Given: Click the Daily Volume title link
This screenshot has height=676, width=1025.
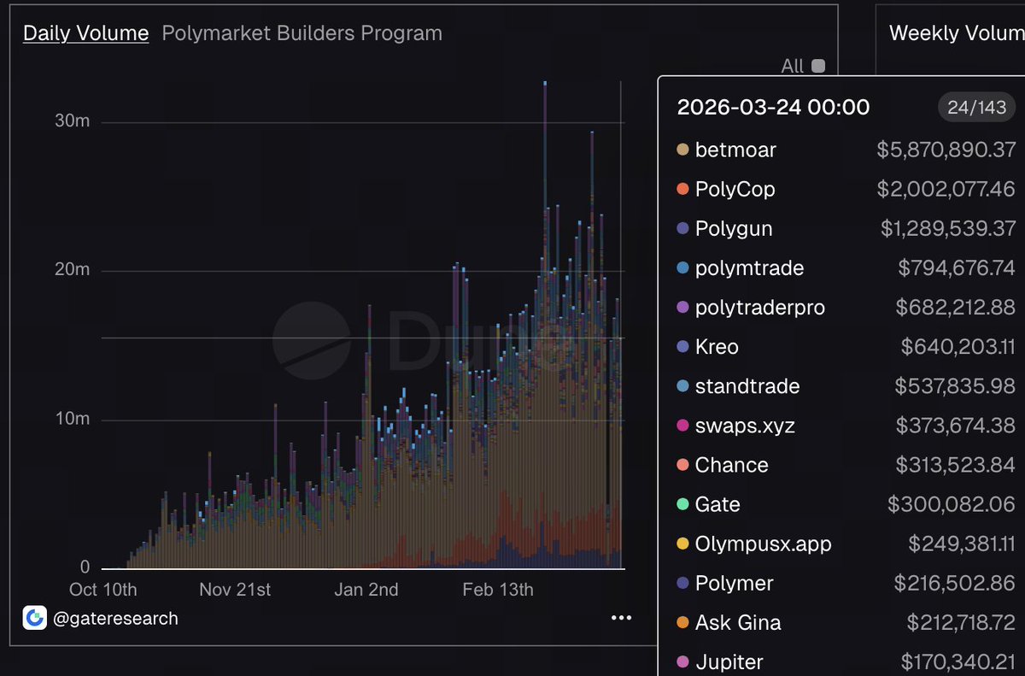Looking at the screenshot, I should point(85,33).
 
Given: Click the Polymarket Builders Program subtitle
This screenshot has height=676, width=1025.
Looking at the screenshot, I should point(302,33).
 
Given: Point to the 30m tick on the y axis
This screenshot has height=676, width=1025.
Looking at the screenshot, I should point(72,122).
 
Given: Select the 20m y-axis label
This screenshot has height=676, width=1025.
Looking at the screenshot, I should point(72,270).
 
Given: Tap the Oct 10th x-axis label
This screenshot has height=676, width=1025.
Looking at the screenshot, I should point(102,590).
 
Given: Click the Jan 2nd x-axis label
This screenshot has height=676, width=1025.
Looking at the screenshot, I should point(366,590).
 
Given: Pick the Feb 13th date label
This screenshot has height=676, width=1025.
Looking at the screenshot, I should point(497,590).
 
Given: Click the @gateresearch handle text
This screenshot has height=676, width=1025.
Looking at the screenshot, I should point(115,618).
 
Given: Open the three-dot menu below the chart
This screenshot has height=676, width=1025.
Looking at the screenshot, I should point(621,618).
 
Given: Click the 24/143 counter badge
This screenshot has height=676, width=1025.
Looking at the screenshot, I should point(976,107).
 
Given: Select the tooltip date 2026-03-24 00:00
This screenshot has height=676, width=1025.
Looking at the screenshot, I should point(773,107).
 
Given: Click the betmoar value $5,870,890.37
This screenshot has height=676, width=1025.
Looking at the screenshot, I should point(946,150).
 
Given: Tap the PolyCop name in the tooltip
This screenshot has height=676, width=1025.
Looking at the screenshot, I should point(735,189).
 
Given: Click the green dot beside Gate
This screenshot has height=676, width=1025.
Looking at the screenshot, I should point(682,504).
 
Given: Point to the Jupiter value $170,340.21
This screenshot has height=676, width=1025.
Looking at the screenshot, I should point(958,661).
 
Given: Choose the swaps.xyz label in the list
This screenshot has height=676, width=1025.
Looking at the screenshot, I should point(745,426).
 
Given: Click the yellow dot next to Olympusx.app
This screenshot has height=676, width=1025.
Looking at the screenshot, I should point(682,544).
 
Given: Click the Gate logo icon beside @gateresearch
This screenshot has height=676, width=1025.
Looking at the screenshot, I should point(35,618).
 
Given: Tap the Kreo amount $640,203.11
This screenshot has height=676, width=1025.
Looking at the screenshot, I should point(958,347).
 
